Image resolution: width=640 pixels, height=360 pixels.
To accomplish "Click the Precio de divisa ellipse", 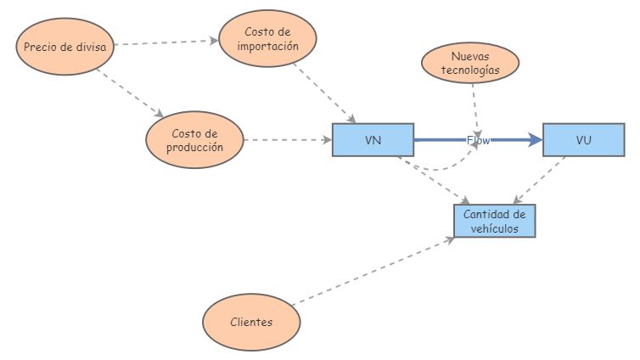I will [x=65, y=47].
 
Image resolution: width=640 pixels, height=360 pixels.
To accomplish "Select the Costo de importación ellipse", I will [x=267, y=39].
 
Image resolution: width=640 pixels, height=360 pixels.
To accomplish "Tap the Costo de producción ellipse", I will [x=194, y=140].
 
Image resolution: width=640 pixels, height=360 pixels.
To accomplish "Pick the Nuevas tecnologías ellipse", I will [x=470, y=65].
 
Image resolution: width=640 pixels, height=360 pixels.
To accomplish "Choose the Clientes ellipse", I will [x=251, y=323].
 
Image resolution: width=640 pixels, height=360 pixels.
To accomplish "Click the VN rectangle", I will [x=372, y=140].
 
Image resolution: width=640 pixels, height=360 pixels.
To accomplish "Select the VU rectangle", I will [x=583, y=140].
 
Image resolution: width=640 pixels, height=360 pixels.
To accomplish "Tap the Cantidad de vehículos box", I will [x=494, y=222].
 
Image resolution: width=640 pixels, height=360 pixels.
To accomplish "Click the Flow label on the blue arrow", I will [x=479, y=140].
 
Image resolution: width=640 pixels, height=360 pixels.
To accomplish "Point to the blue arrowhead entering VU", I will [x=535, y=140].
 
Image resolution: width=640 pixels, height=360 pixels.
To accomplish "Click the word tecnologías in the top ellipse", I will [x=470, y=71].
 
